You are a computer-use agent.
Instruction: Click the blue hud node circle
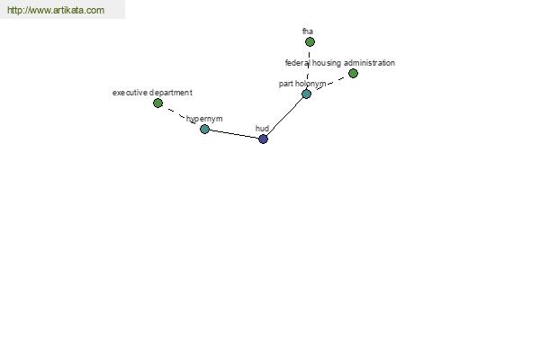point(263,139)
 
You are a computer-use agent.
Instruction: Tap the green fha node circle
point(310,42)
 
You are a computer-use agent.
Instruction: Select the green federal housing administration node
point(353,74)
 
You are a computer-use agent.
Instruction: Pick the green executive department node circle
point(157,103)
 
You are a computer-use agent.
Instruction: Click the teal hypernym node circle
point(204,130)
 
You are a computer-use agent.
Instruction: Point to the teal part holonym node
point(306,94)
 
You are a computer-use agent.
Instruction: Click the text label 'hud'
point(262,129)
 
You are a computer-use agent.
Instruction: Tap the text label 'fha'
point(308,31)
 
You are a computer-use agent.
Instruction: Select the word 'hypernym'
point(204,119)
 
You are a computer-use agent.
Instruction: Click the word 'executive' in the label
point(130,93)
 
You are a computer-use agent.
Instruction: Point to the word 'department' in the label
point(171,93)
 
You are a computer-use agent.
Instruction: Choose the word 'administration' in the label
point(369,63)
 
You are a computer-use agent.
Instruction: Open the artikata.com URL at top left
point(56,10)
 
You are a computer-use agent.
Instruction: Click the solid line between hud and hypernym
point(234,134)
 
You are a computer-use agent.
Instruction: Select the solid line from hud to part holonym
point(284,116)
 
